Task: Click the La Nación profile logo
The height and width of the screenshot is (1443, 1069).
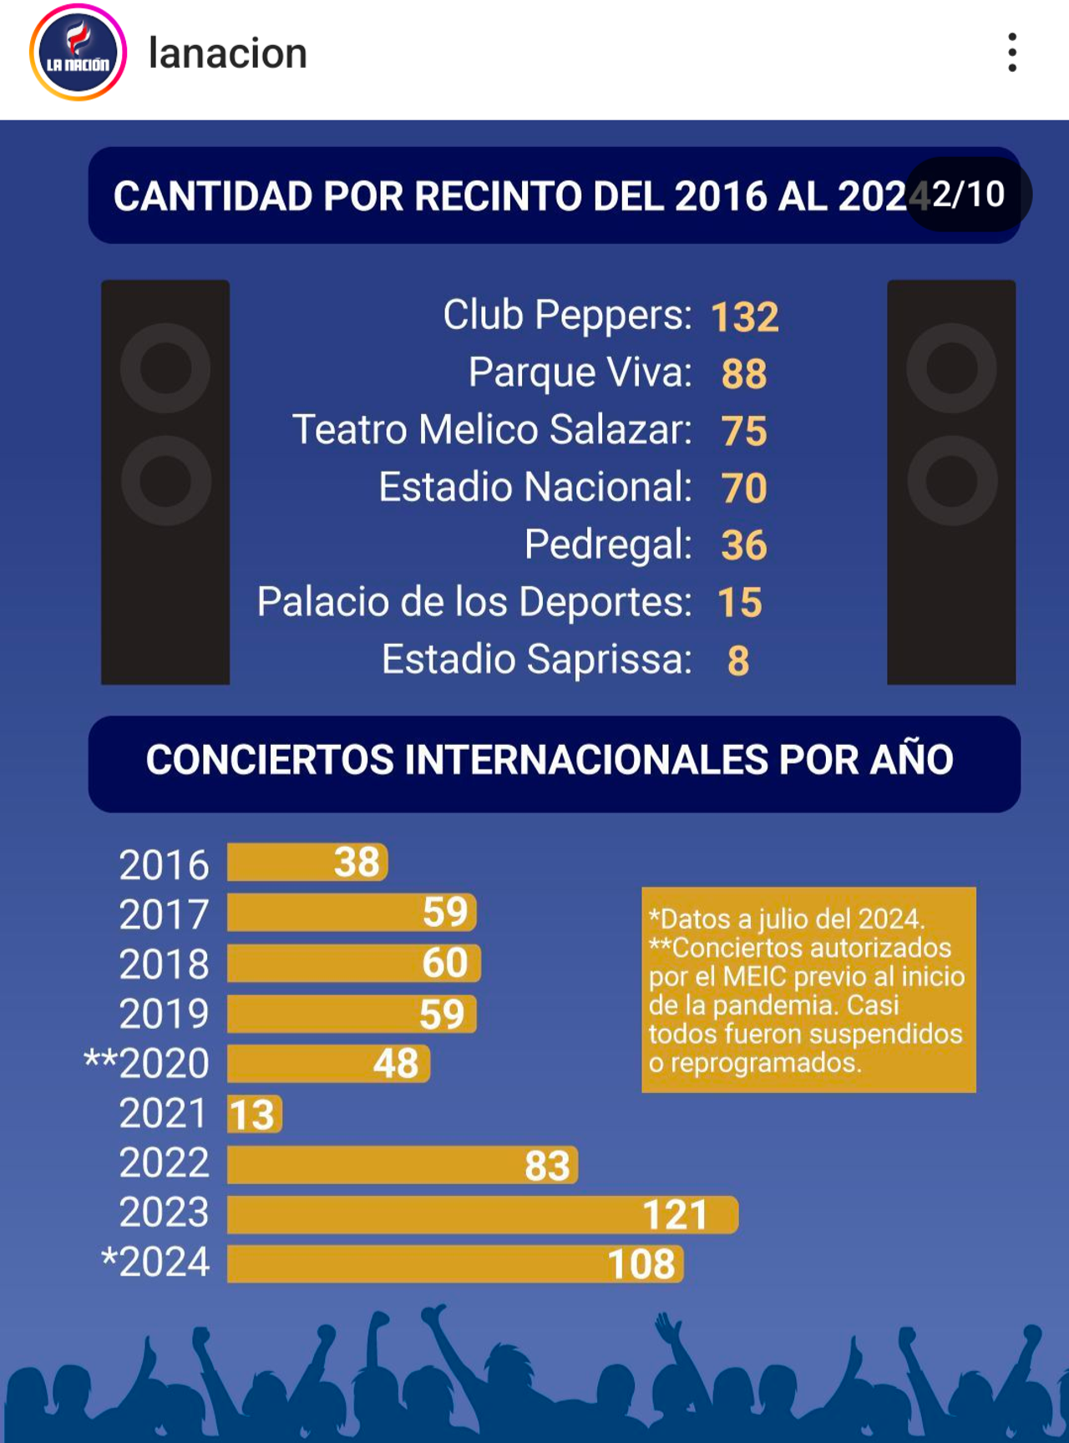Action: (78, 53)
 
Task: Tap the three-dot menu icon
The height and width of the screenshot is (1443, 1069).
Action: (1011, 53)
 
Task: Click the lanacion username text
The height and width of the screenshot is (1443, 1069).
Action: (227, 53)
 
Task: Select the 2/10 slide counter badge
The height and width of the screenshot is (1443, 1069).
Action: (969, 195)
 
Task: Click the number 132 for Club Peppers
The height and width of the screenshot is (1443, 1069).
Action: (744, 317)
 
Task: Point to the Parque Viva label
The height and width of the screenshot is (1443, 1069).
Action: (580, 372)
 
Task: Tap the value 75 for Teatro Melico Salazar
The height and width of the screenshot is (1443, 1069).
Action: (744, 432)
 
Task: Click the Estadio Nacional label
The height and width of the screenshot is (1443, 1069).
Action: (534, 487)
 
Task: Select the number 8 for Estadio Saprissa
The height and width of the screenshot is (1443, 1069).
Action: (738, 661)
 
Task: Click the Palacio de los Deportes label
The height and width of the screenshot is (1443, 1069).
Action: (474, 602)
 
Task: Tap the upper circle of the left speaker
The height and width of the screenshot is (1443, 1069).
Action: (165, 368)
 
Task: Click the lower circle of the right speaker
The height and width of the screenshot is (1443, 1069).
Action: (952, 481)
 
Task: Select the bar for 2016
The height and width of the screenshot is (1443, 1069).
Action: (307, 863)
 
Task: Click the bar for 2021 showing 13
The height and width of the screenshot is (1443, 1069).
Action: (254, 1115)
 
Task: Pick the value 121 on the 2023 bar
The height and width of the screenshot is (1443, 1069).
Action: (675, 1215)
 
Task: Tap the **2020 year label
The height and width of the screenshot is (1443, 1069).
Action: (147, 1064)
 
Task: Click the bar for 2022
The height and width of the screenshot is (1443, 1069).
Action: (401, 1165)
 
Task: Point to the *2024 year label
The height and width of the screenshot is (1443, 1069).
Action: (155, 1263)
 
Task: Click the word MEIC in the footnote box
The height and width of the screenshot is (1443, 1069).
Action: (751, 977)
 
